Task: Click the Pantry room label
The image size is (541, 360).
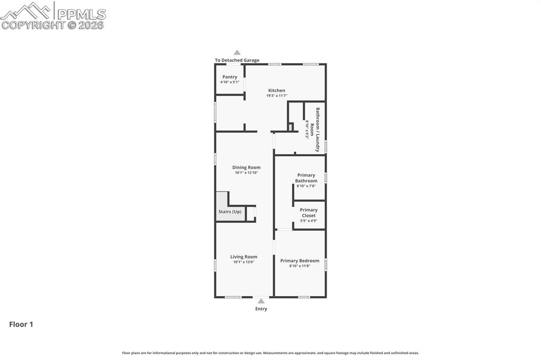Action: click(x=230, y=77)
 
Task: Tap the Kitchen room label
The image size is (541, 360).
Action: click(x=276, y=91)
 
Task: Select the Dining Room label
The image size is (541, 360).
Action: click(x=246, y=167)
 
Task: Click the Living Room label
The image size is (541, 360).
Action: click(x=244, y=257)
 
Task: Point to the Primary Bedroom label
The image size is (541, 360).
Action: click(x=300, y=261)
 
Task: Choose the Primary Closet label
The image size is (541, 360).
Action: click(x=309, y=213)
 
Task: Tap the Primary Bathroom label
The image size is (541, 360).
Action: click(x=306, y=178)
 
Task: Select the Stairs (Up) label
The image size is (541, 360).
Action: click(x=230, y=212)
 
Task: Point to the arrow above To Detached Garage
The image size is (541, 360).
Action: click(x=237, y=52)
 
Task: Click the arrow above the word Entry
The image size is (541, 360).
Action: click(x=261, y=301)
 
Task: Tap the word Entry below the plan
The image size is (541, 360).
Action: click(x=261, y=309)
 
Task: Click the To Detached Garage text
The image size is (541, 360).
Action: click(x=237, y=60)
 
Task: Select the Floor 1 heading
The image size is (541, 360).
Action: click(x=21, y=325)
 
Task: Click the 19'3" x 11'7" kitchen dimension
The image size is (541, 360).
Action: click(x=276, y=96)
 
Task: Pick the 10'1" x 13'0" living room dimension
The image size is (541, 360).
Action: click(x=244, y=262)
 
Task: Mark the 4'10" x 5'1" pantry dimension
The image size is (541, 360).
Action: click(x=230, y=82)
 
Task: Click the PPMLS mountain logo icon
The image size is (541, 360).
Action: click(x=26, y=11)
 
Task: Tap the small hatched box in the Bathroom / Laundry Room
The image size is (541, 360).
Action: click(x=291, y=127)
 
